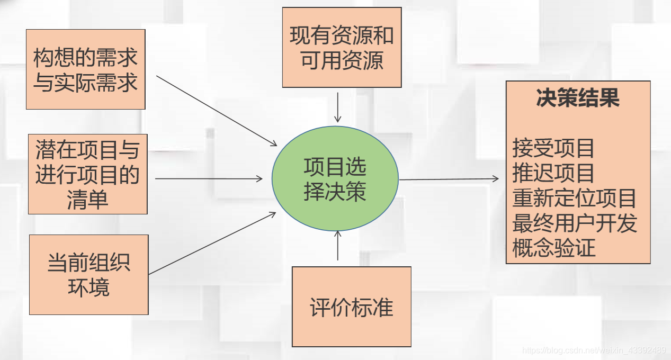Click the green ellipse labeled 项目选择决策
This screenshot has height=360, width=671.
coord(335,179)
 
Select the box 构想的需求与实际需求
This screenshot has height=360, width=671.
coord(85,69)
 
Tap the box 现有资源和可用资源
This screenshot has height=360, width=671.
coord(342,48)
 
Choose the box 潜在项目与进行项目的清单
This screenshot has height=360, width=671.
coord(87,174)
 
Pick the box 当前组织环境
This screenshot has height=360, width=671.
coord(88,275)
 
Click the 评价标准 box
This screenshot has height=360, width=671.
coord(352,307)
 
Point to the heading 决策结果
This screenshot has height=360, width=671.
coord(578,99)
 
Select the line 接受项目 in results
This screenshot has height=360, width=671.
coord(553,148)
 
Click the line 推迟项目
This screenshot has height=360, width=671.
coord(553,173)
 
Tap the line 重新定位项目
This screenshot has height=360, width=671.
coord(574,198)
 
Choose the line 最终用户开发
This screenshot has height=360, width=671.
coord(574,223)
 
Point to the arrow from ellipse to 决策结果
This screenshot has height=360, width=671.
coord(449,179)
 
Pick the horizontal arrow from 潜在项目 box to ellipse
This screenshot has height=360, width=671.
coord(209,179)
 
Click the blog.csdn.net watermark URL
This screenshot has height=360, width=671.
coord(594,350)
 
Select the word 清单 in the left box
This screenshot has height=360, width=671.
coord(87,200)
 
